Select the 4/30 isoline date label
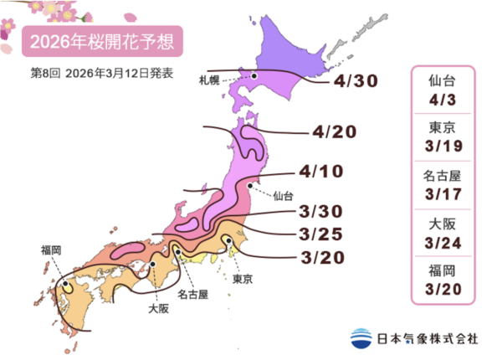point(355,82)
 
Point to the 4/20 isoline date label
point(335,132)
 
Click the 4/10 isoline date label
point(320,173)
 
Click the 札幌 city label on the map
point(210,81)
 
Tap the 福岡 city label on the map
point(52,249)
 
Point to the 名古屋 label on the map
point(193,295)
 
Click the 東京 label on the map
point(243,278)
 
